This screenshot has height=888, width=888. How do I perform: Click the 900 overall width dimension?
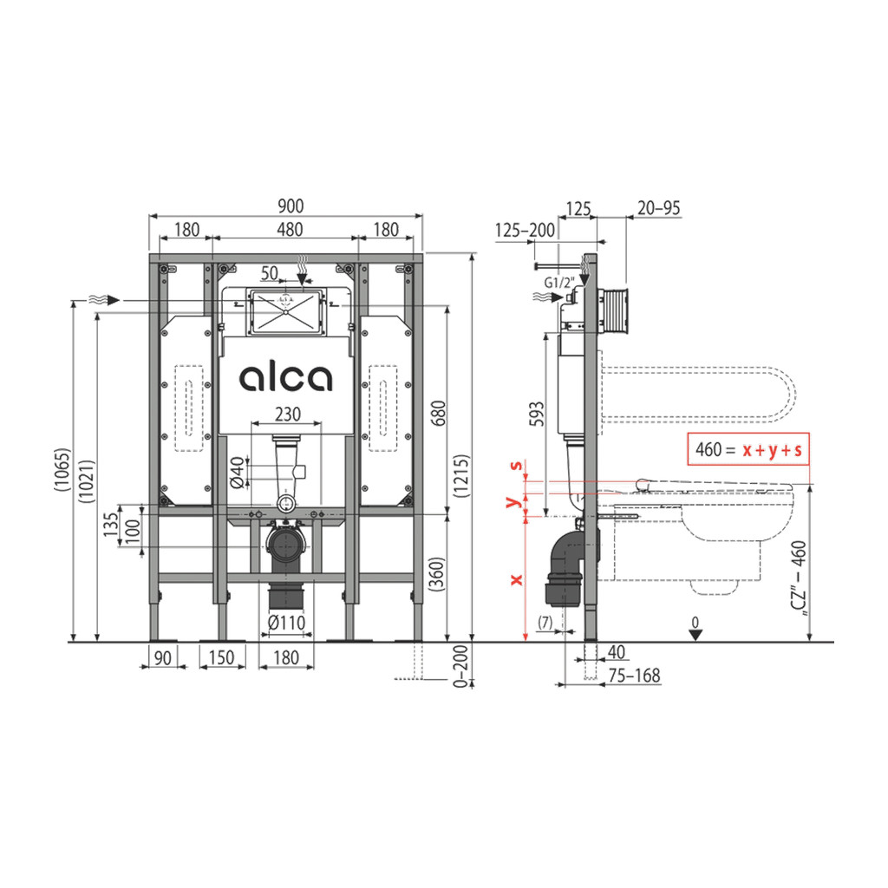pyautogui.click(x=291, y=206)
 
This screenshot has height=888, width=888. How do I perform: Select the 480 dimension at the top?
pyautogui.click(x=290, y=229)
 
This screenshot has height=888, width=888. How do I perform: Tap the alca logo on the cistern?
pyautogui.click(x=286, y=378)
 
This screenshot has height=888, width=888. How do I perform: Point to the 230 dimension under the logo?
pyautogui.click(x=287, y=414)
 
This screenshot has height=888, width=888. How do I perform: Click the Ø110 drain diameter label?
pyautogui.click(x=286, y=623)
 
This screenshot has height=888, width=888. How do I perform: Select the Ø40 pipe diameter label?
pyautogui.click(x=238, y=473)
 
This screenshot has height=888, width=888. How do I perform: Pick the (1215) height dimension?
pyautogui.click(x=462, y=476)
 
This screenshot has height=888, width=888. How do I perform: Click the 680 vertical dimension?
pyautogui.click(x=438, y=414)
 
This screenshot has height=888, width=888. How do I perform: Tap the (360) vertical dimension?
pyautogui.click(x=438, y=574)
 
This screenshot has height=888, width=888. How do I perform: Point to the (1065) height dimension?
pyautogui.click(x=62, y=470)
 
